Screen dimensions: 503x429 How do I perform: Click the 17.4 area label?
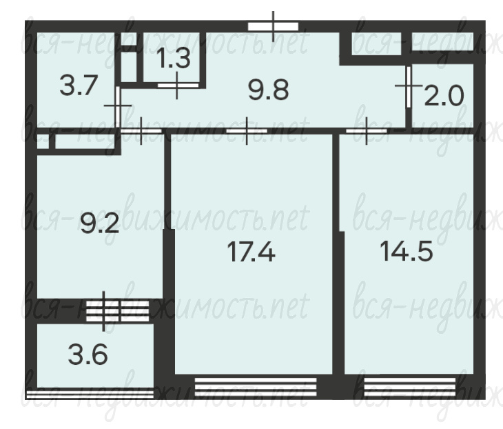pos(251,252)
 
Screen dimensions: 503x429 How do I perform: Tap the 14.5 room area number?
pos(406,251)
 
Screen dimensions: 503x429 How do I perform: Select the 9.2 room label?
pos(100,223)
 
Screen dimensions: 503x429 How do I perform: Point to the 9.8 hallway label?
pos(269,90)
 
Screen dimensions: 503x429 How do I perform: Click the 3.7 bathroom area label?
pos(79,86)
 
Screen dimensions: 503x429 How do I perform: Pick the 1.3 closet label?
pos(174,59)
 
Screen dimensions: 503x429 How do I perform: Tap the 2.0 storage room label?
pos(444,95)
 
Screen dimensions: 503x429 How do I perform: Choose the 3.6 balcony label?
pos(88,355)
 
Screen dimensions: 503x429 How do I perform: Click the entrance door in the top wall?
pos(273,26)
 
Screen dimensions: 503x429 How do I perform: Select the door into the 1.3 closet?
pos(178,86)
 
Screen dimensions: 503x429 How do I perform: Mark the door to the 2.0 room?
pos(409,87)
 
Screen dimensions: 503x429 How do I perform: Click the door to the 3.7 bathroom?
pos(118,107)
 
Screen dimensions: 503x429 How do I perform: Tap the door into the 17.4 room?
pos(247,131)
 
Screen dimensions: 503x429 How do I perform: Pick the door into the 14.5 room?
pos(367,131)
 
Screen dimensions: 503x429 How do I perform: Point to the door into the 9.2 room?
pos(141,131)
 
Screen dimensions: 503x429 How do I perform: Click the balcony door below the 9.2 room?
pos(118,311)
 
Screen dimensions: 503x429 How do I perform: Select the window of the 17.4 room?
pos(256,387)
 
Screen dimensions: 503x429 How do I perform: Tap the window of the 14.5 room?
pos(410,387)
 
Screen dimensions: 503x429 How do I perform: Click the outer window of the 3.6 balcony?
pos(90,394)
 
